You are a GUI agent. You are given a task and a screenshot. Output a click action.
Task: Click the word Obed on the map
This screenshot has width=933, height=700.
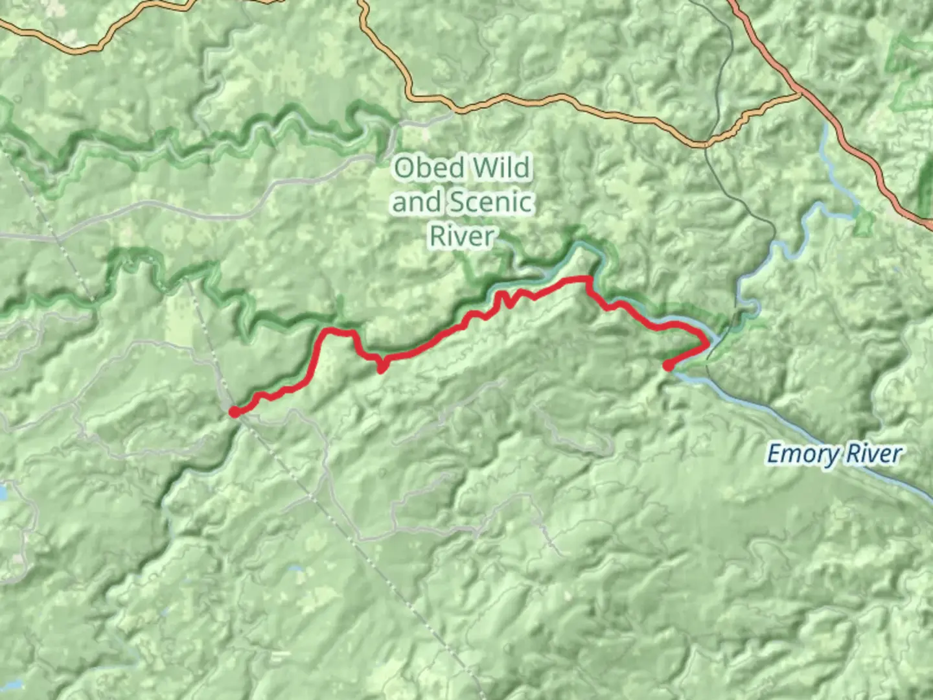429,168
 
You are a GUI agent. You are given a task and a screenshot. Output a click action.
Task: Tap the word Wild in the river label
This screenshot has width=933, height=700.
501,168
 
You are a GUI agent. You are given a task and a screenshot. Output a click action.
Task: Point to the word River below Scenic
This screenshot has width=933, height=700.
462,236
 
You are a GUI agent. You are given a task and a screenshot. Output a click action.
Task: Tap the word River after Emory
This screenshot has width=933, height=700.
873,454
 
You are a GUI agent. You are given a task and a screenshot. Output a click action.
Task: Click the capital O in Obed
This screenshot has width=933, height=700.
405,168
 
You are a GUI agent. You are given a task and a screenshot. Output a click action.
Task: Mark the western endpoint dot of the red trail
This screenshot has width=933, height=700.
234,412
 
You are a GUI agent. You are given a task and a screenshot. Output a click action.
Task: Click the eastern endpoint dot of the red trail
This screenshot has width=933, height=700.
667,366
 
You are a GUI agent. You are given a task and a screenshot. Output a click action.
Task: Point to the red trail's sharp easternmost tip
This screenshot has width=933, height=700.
707,344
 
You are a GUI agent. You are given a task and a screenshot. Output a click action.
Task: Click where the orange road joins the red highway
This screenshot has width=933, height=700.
801,95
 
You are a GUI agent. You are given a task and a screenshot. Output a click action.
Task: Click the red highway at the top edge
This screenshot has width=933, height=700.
732,3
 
